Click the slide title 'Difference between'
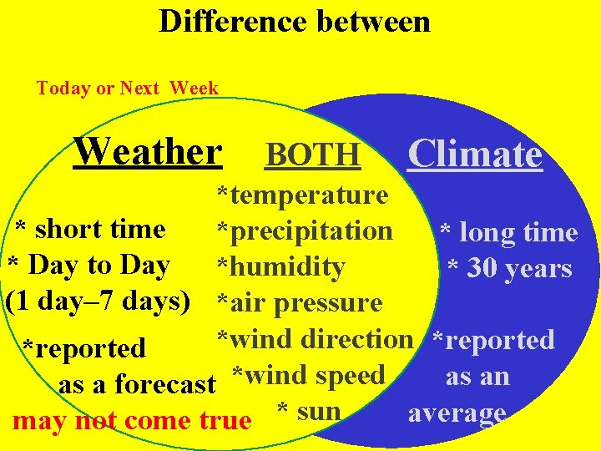(295, 21)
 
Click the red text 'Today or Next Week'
(127, 88)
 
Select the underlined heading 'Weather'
(148, 152)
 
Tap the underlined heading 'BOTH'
(313, 155)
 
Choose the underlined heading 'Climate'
(475, 154)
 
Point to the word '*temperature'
(302, 195)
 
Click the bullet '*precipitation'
(305, 230)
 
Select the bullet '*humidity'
(280, 266)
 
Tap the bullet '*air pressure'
(299, 302)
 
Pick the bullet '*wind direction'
(315, 338)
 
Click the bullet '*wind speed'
(308, 375)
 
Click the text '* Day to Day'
(88, 265)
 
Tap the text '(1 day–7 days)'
(98, 300)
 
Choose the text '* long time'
(508, 232)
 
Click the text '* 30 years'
(509, 268)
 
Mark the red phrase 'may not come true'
(132, 420)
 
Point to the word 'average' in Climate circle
(457, 413)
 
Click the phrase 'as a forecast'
(138, 384)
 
